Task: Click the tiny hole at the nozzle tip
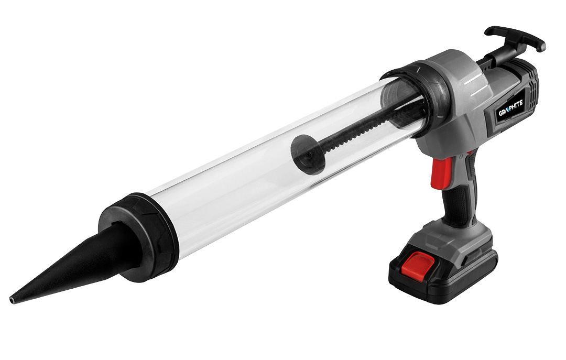point(12,300)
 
